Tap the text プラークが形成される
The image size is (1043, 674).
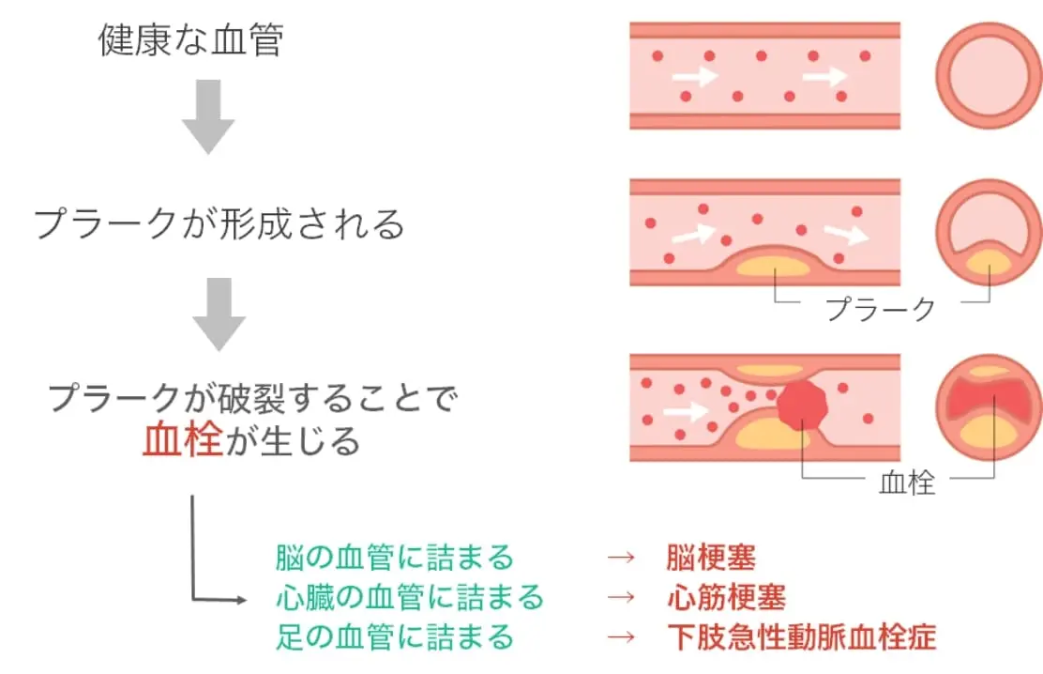click(219, 224)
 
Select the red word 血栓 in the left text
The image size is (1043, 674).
click(183, 439)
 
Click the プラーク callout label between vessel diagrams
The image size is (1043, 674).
click(880, 308)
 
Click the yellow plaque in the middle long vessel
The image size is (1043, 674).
click(773, 266)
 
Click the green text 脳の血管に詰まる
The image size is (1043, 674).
click(395, 558)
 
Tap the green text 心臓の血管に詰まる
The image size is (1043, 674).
click(410, 597)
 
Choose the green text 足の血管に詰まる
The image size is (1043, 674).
click(395, 636)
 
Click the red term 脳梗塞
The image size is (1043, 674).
click(710, 558)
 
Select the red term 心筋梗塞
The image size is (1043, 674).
click(725, 597)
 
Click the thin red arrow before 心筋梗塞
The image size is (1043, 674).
click(622, 597)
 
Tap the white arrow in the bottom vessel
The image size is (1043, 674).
click(685, 411)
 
